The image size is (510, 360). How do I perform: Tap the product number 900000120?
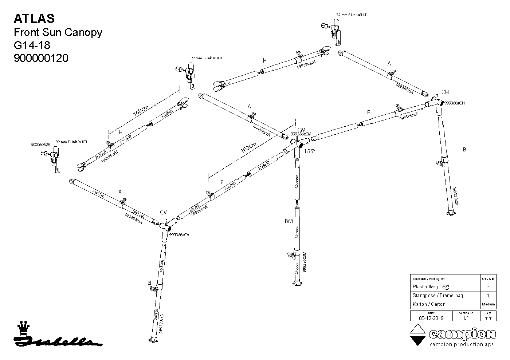[x=41, y=58]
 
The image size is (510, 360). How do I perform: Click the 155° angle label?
[x=309, y=151]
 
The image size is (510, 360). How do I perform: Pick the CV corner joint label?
[x=164, y=212]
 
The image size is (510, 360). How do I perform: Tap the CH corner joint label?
[x=445, y=92]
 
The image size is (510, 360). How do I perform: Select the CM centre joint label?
[x=301, y=130]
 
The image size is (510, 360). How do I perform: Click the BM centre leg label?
[x=289, y=221]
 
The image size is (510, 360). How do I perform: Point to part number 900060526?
[x=40, y=145]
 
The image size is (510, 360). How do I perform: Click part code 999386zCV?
[x=180, y=235]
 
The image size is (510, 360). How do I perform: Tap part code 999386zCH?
[x=455, y=103]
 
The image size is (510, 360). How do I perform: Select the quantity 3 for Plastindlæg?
[x=488, y=287]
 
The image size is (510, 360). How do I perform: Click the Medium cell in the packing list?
[x=488, y=304]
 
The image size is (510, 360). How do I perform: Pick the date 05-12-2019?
[x=431, y=318]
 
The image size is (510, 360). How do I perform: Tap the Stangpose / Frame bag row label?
[x=438, y=296]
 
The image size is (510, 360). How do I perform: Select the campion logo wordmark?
[x=462, y=334]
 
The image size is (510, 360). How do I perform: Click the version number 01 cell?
[x=466, y=318]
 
